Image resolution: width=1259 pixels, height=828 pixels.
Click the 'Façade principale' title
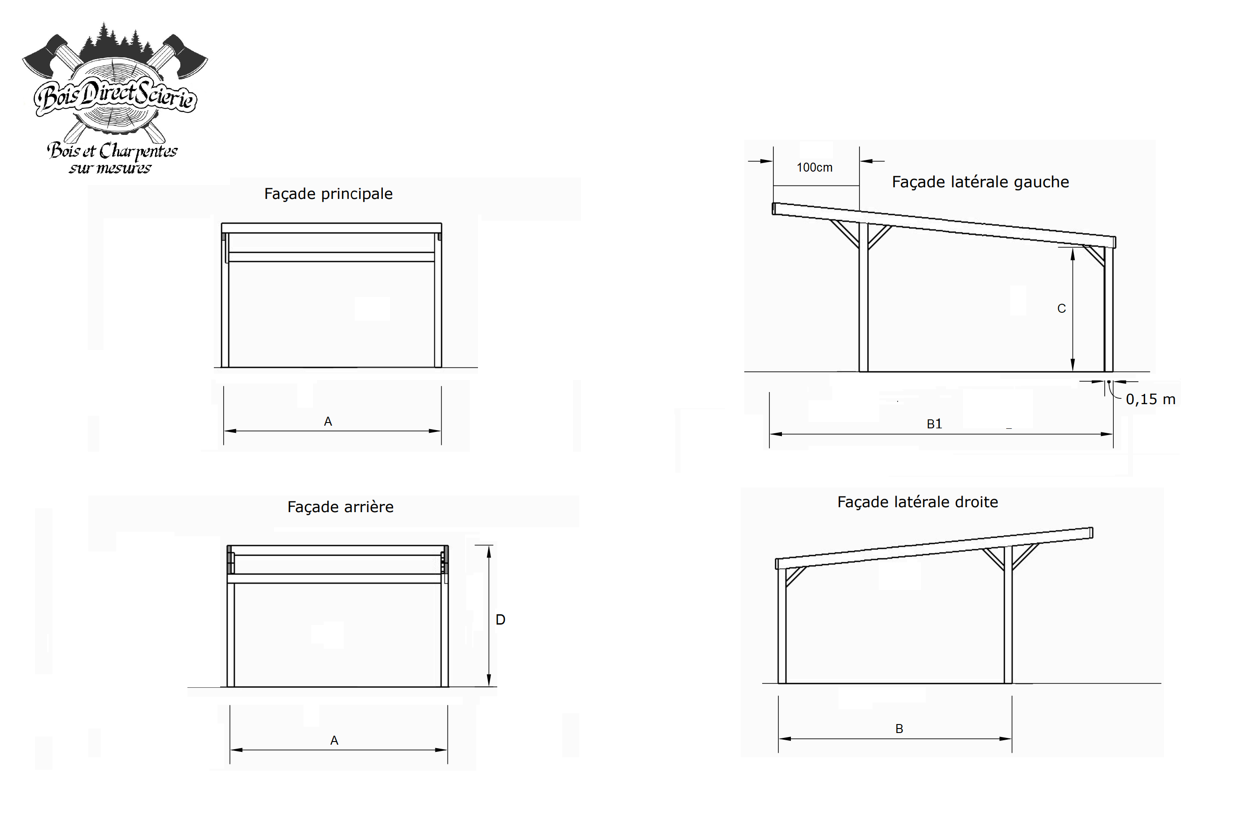328,194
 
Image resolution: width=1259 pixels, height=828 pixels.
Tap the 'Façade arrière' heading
340,507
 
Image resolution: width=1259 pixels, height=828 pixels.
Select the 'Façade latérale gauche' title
980,182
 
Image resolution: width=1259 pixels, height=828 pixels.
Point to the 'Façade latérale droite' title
917,502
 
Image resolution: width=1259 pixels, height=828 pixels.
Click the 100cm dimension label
815,168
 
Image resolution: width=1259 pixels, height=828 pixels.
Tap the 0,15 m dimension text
1150,400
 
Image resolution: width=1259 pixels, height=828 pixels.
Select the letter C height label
1061,309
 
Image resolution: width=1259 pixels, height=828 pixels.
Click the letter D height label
500,620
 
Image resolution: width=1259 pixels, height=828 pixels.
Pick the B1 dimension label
934,424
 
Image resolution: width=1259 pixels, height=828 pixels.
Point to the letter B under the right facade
899,729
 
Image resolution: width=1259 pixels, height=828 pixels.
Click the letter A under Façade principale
328,422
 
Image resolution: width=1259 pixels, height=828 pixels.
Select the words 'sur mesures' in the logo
110,168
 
